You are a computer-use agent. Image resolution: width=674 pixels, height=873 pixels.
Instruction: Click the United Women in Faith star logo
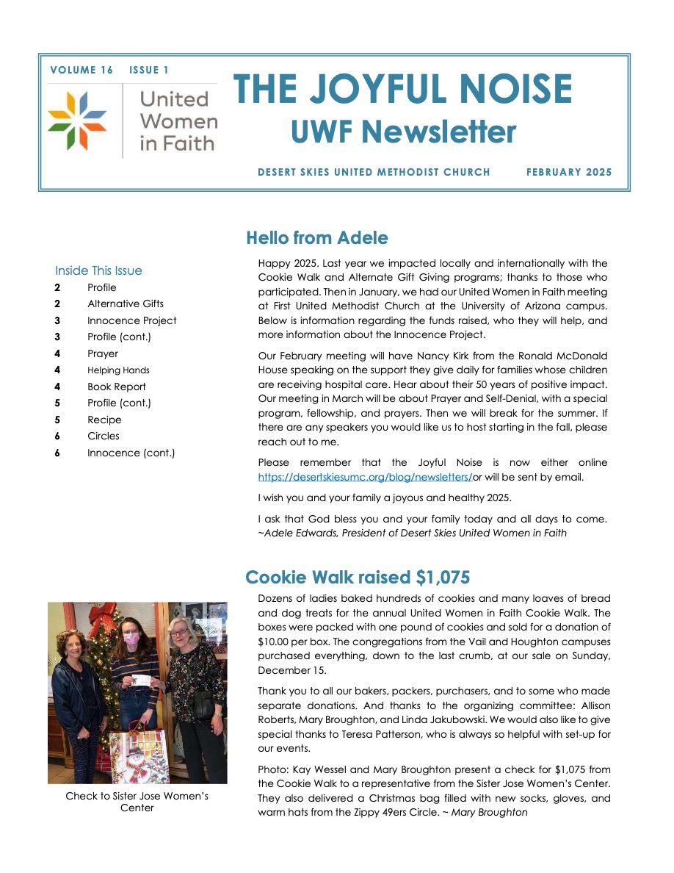(x=77, y=121)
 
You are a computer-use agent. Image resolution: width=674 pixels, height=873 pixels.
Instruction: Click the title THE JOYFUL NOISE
(x=402, y=90)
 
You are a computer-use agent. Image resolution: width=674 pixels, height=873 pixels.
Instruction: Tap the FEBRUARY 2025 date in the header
(x=568, y=173)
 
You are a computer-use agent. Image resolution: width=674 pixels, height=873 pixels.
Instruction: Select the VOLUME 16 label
(x=81, y=71)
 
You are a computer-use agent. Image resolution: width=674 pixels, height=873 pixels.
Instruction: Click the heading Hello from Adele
(x=316, y=238)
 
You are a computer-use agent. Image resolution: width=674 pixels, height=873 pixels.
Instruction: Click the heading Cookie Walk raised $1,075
(x=358, y=577)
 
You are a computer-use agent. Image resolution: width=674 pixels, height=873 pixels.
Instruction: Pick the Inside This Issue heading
(x=98, y=270)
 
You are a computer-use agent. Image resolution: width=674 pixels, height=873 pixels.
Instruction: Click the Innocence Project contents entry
(x=131, y=320)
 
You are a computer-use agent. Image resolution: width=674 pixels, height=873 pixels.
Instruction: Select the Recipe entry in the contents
(x=104, y=420)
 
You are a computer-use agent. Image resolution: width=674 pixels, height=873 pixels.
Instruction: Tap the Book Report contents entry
(x=116, y=387)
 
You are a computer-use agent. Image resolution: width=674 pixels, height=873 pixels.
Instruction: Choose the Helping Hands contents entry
(x=117, y=370)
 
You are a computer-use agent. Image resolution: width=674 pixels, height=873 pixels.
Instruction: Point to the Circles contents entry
(x=103, y=436)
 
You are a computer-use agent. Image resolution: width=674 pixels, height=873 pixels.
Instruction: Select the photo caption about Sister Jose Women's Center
(x=137, y=802)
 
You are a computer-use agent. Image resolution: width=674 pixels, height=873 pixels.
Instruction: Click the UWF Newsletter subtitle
(x=403, y=132)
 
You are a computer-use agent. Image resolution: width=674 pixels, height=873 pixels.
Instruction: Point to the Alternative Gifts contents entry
(x=125, y=303)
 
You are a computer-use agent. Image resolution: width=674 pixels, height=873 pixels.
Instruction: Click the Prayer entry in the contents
(x=102, y=353)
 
